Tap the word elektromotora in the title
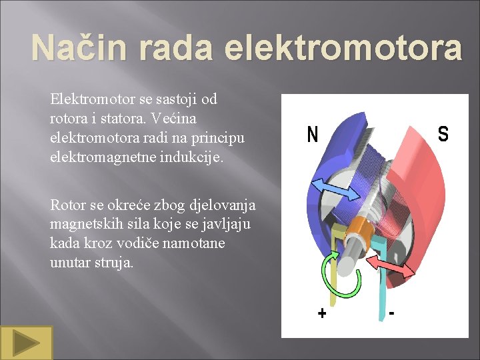click(x=343, y=48)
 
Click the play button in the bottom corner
click(x=26, y=343)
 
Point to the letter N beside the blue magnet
click(x=312, y=135)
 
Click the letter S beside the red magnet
click(x=443, y=134)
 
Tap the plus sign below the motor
click(x=322, y=313)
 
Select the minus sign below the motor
click(x=391, y=311)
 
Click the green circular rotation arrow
click(x=341, y=273)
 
